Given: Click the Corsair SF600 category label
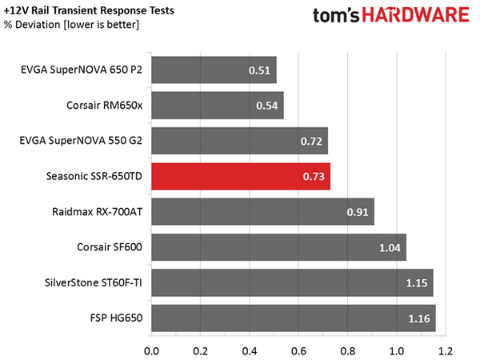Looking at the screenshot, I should tap(106, 247).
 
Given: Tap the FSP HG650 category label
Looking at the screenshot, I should tap(113, 318).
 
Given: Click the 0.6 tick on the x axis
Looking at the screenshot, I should tap(298, 350).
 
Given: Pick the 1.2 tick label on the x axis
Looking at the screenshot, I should tap(446, 350).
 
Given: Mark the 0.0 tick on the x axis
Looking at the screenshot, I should tap(150, 350).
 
